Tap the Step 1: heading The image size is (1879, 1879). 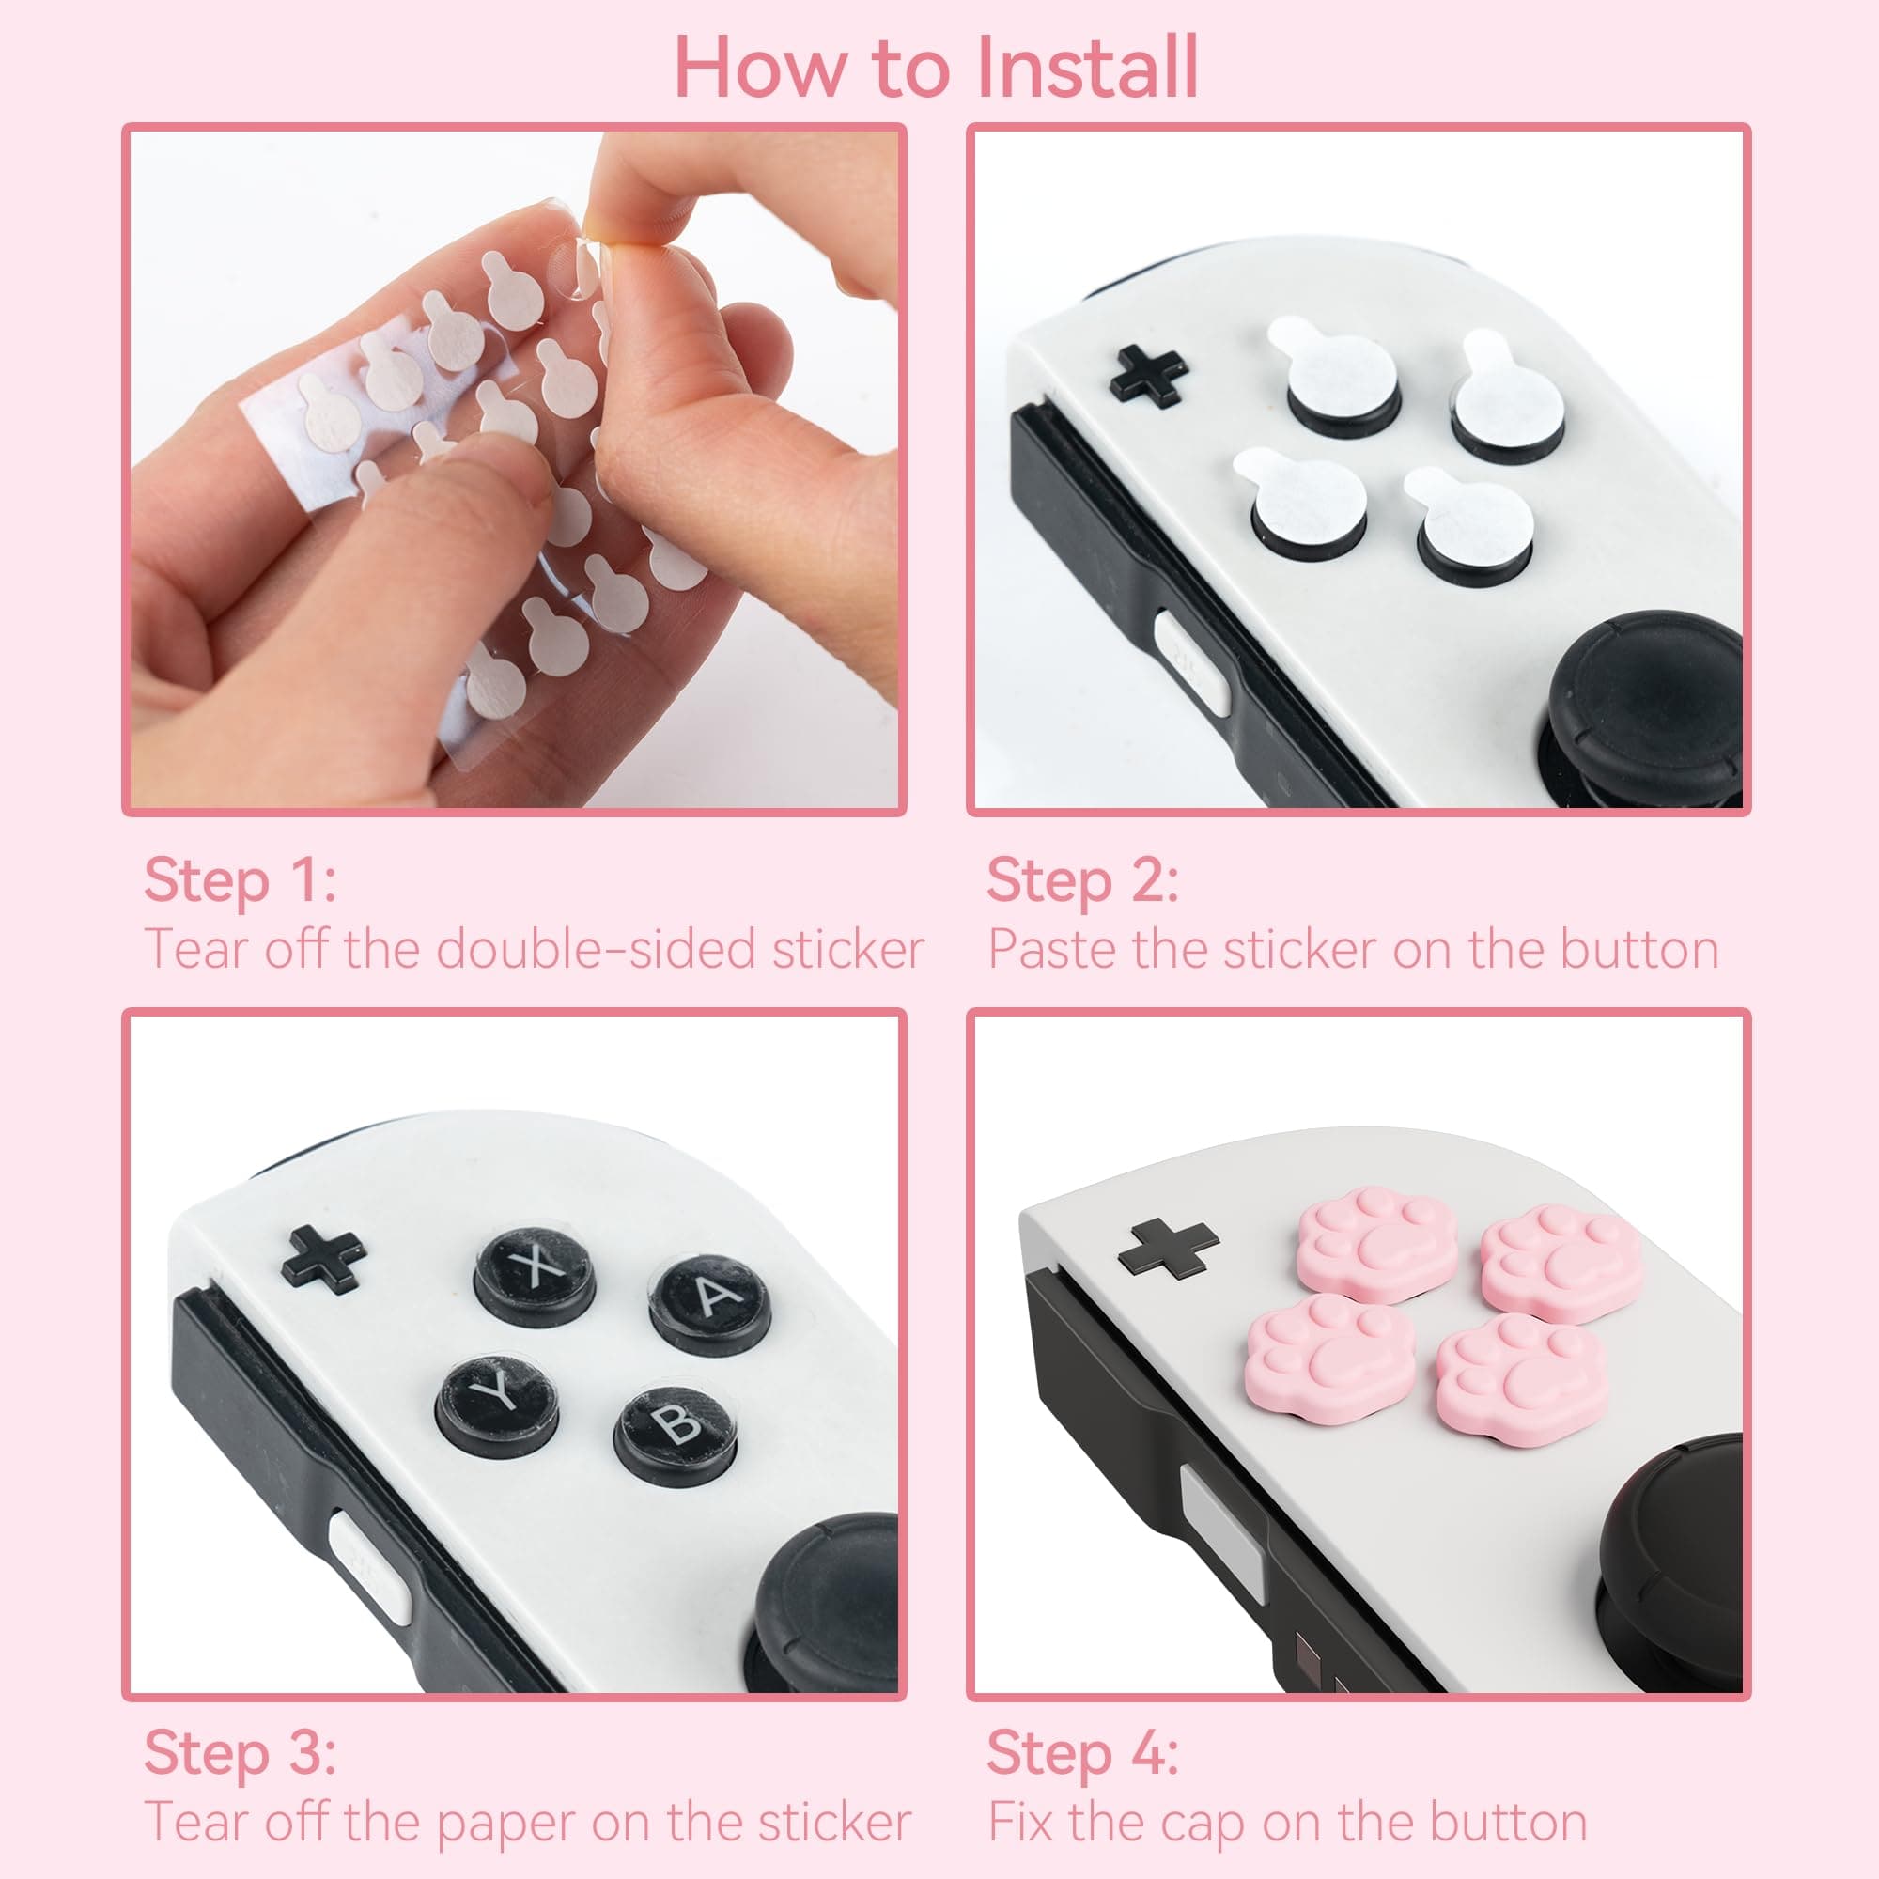coord(240,881)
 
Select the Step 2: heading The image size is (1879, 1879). coord(1081,881)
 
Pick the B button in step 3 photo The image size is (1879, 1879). coord(675,1426)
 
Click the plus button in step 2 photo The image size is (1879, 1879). coord(1149,377)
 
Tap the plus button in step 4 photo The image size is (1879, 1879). coord(1167,1248)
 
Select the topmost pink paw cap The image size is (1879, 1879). coord(1378,1242)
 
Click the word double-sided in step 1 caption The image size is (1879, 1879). coord(597,949)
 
